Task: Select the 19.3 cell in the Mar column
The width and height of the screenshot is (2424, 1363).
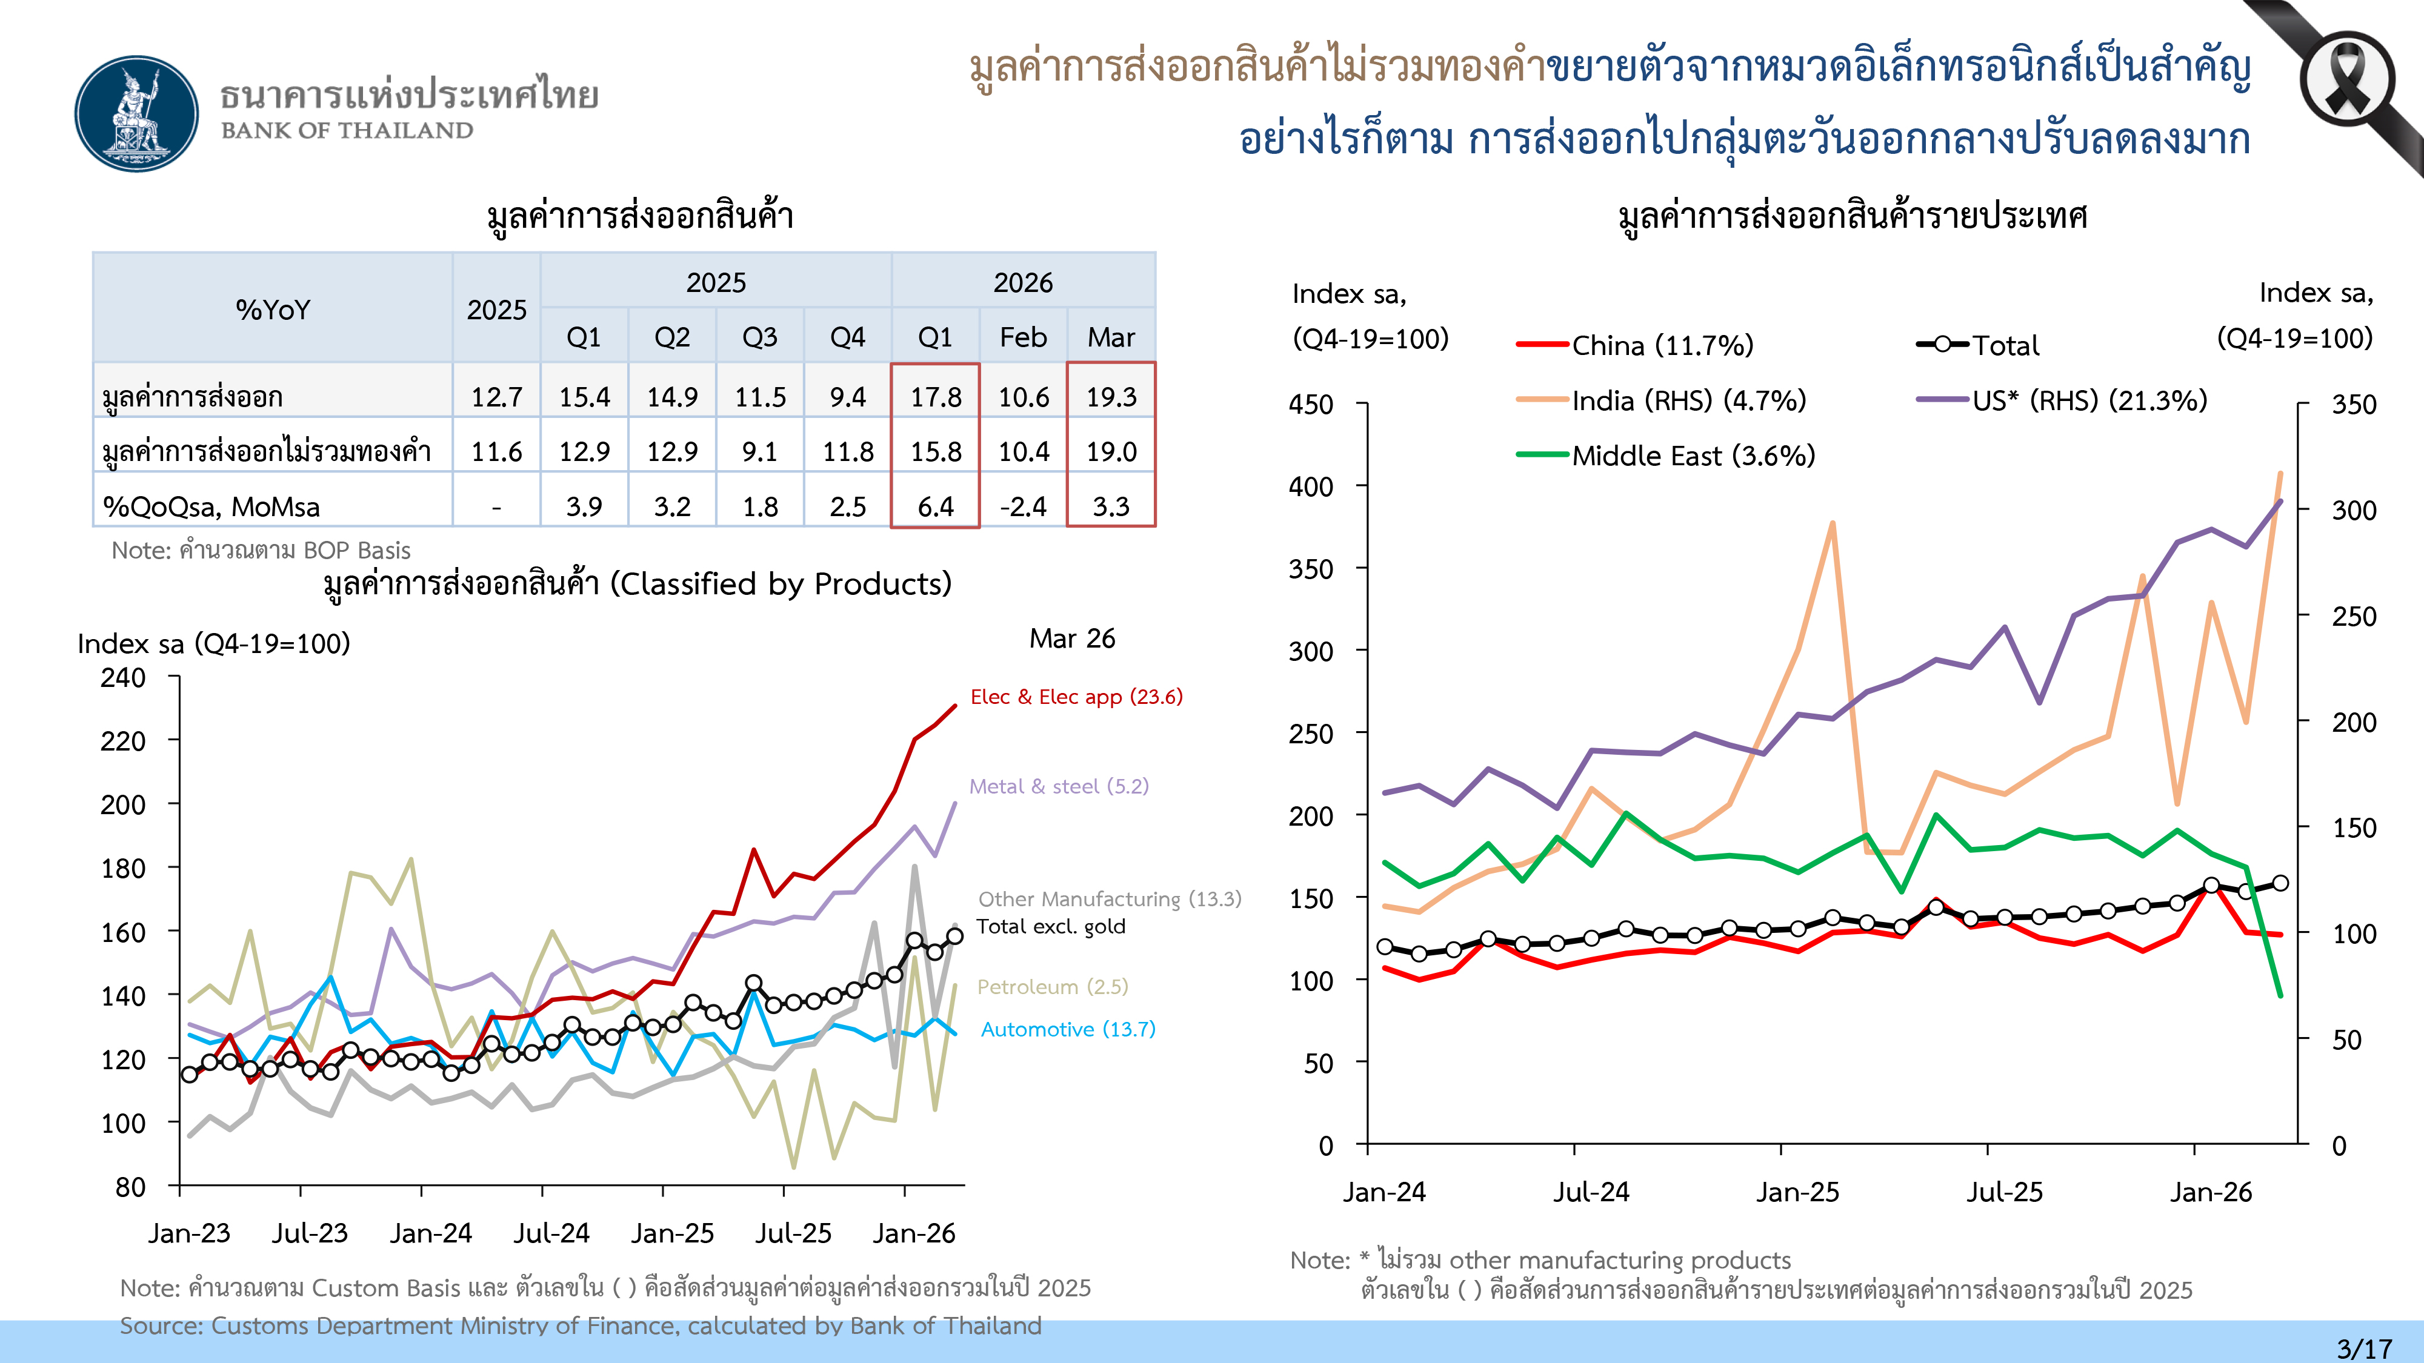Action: tap(1111, 397)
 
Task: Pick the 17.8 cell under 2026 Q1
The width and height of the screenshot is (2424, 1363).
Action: tap(935, 397)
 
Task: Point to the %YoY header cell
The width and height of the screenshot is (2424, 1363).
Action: tap(273, 310)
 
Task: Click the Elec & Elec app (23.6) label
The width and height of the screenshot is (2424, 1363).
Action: tap(1076, 697)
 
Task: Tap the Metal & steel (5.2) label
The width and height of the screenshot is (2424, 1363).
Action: tap(1059, 786)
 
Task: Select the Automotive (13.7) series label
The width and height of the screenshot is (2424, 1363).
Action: tap(1068, 1029)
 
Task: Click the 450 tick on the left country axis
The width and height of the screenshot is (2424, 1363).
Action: tap(1311, 405)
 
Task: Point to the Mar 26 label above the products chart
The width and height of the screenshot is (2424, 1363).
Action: tap(1072, 638)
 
